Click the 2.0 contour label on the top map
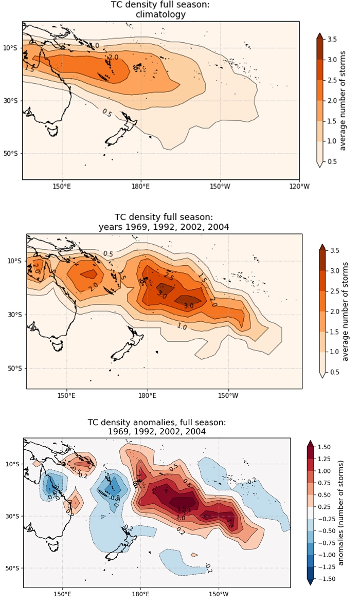point(114,57)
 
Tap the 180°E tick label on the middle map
point(147,396)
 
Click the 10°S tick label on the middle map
point(16,261)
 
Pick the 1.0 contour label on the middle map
point(182,326)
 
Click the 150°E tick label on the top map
point(61,187)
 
